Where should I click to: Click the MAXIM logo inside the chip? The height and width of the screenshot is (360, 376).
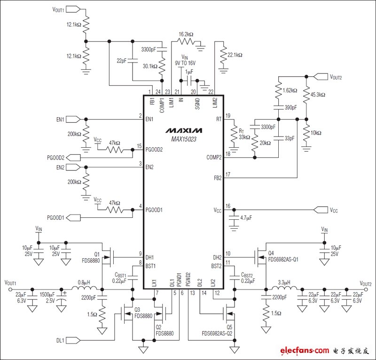(x=184, y=130)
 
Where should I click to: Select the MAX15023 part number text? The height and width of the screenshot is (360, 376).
(x=184, y=139)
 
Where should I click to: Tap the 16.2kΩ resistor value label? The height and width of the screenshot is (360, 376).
(x=186, y=34)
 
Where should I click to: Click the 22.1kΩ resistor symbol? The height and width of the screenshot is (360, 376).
(x=223, y=56)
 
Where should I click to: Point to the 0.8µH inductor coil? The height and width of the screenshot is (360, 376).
(x=85, y=288)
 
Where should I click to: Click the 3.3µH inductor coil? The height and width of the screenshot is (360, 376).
(x=284, y=288)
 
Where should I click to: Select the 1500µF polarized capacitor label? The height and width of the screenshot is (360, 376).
(x=47, y=297)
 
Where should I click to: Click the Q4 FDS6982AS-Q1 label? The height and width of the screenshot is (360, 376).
(x=283, y=256)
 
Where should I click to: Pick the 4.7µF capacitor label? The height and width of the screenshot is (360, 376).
(x=246, y=218)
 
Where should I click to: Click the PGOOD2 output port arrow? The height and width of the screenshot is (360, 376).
(x=73, y=158)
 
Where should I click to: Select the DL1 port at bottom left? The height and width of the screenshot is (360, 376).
(x=73, y=340)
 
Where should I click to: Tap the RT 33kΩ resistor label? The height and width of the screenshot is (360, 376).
(x=244, y=134)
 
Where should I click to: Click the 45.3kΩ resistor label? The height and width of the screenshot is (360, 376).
(x=318, y=95)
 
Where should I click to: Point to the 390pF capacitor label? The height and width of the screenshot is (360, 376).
(x=290, y=107)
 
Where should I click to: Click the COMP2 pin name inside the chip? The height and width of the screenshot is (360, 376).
(x=214, y=157)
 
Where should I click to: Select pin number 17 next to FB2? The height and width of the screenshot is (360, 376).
(x=228, y=175)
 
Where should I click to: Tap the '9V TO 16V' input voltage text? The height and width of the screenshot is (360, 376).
(x=185, y=63)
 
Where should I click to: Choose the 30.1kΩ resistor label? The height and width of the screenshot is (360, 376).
(x=150, y=66)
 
